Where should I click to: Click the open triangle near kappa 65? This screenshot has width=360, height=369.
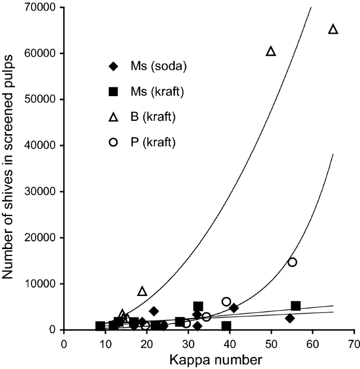point(333,29)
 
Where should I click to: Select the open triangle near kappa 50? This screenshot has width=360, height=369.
point(271,51)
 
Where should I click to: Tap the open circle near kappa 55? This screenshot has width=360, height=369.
point(292,262)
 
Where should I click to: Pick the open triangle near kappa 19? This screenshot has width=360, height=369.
point(142,291)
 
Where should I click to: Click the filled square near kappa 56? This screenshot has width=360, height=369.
point(296,306)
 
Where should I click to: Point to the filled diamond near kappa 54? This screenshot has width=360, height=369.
point(290,318)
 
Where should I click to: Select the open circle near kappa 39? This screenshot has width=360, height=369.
point(226,302)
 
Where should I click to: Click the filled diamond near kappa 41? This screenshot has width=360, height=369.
point(234,308)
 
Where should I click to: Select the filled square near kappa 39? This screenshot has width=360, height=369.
point(227,326)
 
